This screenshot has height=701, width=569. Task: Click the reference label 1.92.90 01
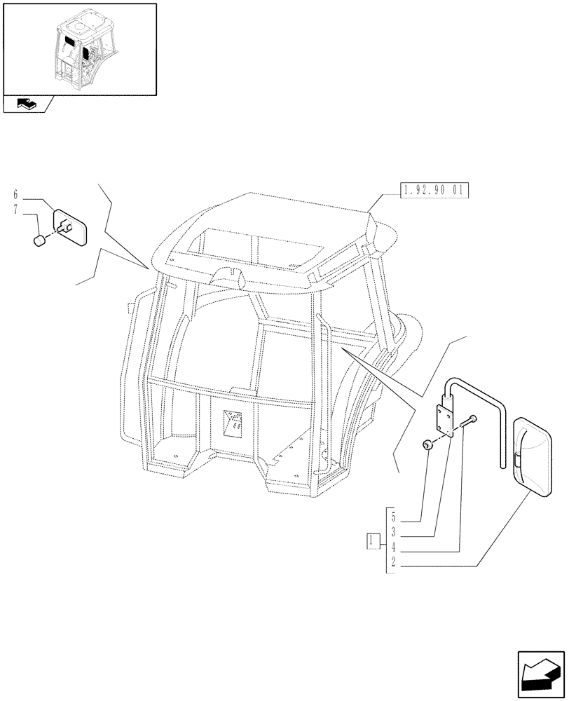[434, 190]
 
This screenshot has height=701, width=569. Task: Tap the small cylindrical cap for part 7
[41, 242]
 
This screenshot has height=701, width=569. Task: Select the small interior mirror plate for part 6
[70, 225]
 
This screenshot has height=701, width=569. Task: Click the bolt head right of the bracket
[474, 419]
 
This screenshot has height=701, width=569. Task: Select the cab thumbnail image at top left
[79, 48]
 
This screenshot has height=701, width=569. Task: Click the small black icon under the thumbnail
[25, 104]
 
